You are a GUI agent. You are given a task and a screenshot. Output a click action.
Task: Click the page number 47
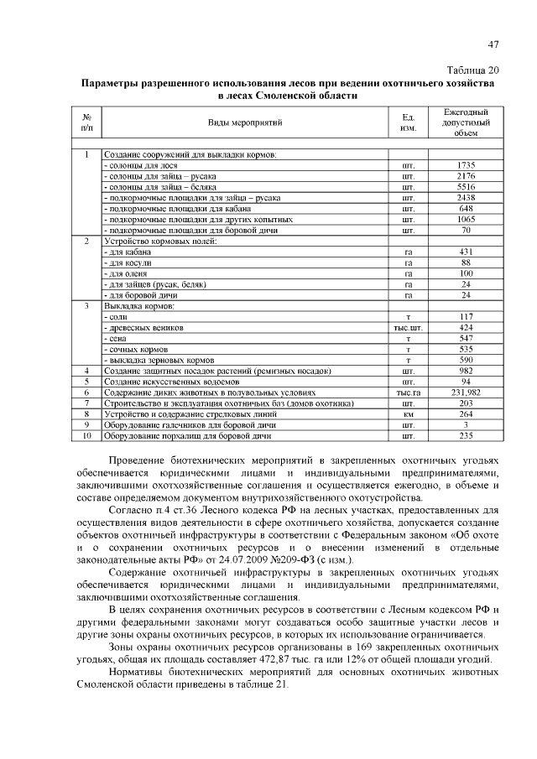(x=493, y=46)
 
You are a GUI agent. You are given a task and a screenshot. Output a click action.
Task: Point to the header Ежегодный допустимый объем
(x=466, y=122)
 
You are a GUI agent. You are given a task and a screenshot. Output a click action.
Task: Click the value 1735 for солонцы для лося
(x=466, y=166)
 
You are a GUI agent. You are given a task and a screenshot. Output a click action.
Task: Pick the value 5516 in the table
(x=466, y=187)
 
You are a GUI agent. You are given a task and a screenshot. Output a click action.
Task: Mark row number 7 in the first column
(x=86, y=403)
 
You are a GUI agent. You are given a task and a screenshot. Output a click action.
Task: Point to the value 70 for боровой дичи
(x=466, y=230)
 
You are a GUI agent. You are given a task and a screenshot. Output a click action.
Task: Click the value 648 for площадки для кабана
(x=466, y=208)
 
